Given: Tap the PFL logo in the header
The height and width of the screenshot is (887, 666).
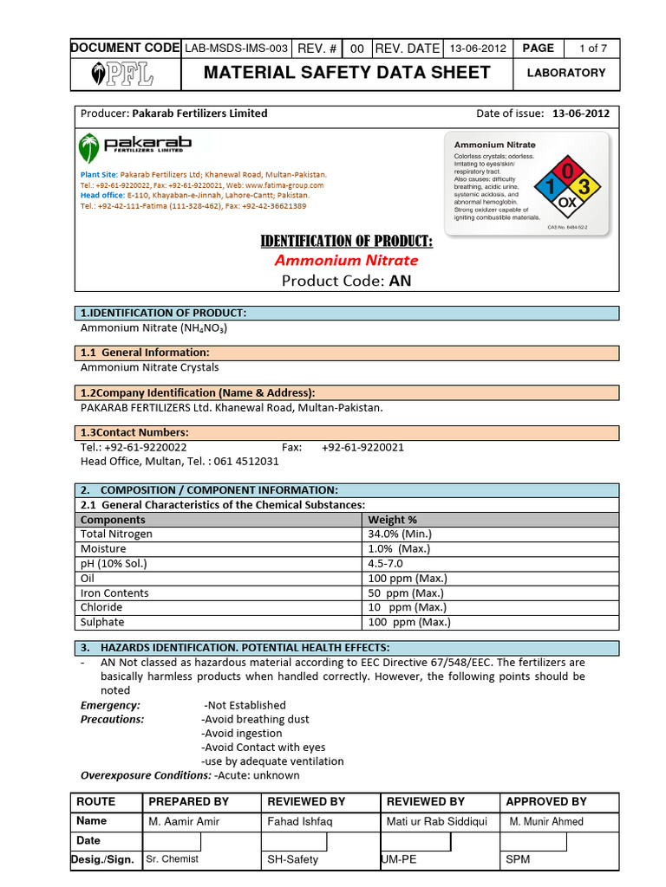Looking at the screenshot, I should click(x=124, y=74).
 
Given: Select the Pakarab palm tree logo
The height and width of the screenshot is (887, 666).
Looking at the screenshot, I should click(x=89, y=147).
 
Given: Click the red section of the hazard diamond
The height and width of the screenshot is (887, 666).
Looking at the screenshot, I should click(x=566, y=171).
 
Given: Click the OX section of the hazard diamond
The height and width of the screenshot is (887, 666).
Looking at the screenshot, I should click(x=566, y=204).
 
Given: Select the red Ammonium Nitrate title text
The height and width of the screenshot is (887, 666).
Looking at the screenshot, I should click(x=346, y=260).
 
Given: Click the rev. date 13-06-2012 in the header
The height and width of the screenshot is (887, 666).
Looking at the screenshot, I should click(x=476, y=49).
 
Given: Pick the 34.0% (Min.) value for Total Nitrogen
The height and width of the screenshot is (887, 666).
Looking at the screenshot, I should click(x=400, y=534).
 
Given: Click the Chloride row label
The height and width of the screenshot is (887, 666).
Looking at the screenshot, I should click(x=102, y=607).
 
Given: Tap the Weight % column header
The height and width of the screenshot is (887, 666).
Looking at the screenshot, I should click(x=393, y=519).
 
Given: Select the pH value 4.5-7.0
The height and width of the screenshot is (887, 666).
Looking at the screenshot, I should click(x=386, y=563).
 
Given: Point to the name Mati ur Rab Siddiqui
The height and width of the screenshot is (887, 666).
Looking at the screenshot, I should click(x=437, y=821).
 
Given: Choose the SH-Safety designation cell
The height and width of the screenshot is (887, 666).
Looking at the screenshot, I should click(x=292, y=859).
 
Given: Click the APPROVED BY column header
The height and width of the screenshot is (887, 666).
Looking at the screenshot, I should click(x=546, y=801).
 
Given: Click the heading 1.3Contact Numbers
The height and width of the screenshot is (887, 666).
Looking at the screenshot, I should click(x=134, y=432).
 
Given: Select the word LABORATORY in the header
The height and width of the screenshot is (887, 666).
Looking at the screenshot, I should click(x=566, y=73).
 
